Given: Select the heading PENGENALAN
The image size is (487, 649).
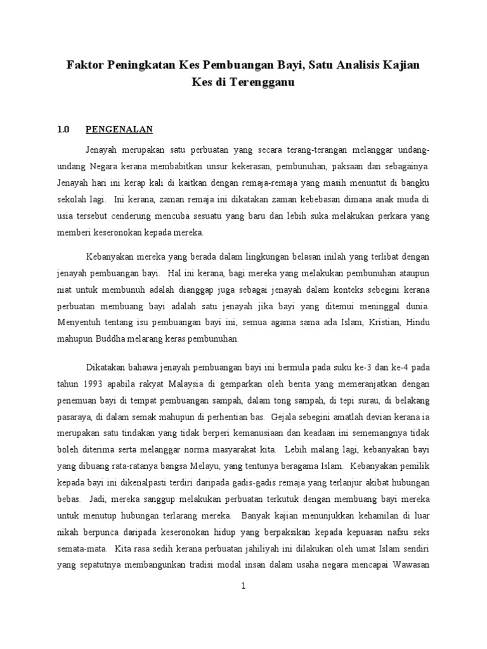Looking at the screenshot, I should [119, 130].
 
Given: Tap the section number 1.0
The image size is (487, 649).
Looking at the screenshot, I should [63, 130].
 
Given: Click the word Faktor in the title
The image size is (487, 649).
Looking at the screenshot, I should [87, 65].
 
